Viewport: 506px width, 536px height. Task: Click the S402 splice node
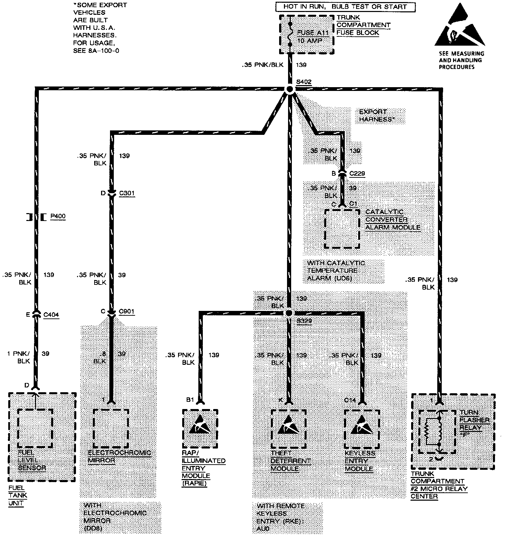289,89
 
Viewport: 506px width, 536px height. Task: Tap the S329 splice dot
289,313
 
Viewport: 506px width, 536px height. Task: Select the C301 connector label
127,194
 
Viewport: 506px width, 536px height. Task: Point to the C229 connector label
357,174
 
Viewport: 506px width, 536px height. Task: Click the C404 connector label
51,314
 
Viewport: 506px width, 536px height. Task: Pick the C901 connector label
126,312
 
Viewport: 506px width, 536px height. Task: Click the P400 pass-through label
57,217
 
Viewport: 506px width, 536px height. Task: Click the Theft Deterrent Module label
290,461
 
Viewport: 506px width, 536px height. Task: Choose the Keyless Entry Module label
360,461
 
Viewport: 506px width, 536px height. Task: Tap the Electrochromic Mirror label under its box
119,456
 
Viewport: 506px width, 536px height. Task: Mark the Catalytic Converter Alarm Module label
393,220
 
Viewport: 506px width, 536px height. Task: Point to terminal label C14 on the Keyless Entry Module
350,400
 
